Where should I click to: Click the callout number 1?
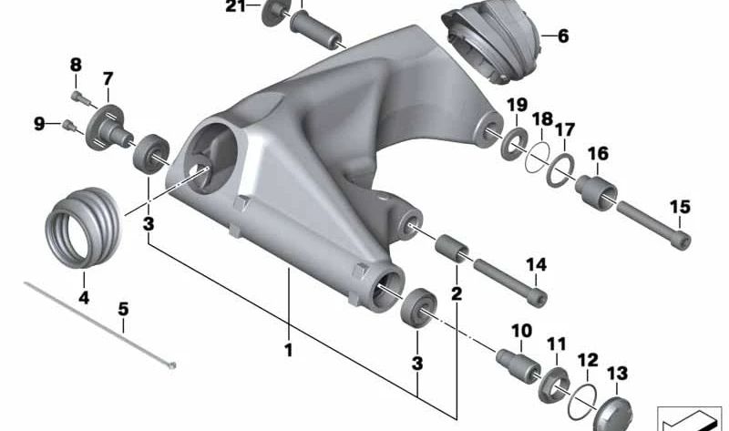coord(288,350)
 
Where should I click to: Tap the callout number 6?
coord(562,36)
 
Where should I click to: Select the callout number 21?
coord(236,8)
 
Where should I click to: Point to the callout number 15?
coord(680,206)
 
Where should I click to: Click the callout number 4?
coord(83,297)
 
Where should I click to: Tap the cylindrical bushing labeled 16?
coord(596,190)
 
